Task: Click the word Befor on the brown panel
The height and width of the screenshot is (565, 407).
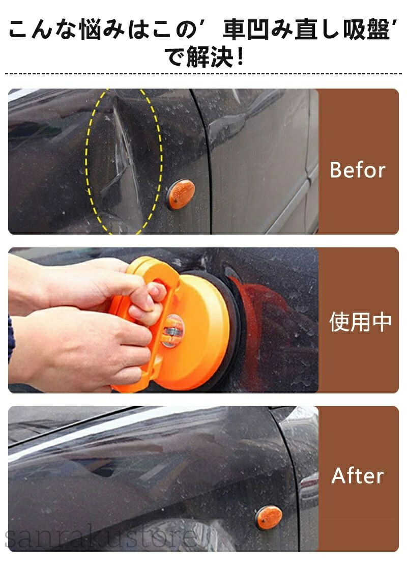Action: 357,170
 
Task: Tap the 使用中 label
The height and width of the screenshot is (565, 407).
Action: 360,322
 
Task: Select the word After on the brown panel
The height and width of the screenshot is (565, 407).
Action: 357,475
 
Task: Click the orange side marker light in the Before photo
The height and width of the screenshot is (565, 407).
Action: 181,194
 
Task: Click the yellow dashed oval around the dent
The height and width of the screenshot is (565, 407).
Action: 86,162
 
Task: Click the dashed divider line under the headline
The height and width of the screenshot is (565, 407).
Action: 203,74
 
